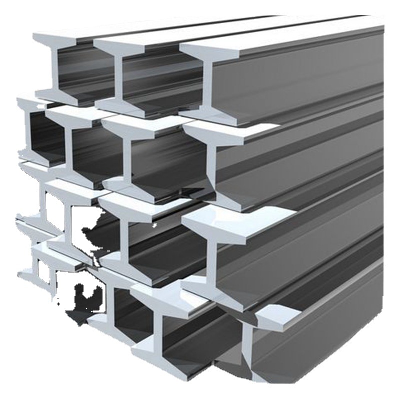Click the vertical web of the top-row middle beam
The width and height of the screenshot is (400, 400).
coord(117,75)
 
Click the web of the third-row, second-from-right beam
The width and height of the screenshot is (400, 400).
coord(123,235)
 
